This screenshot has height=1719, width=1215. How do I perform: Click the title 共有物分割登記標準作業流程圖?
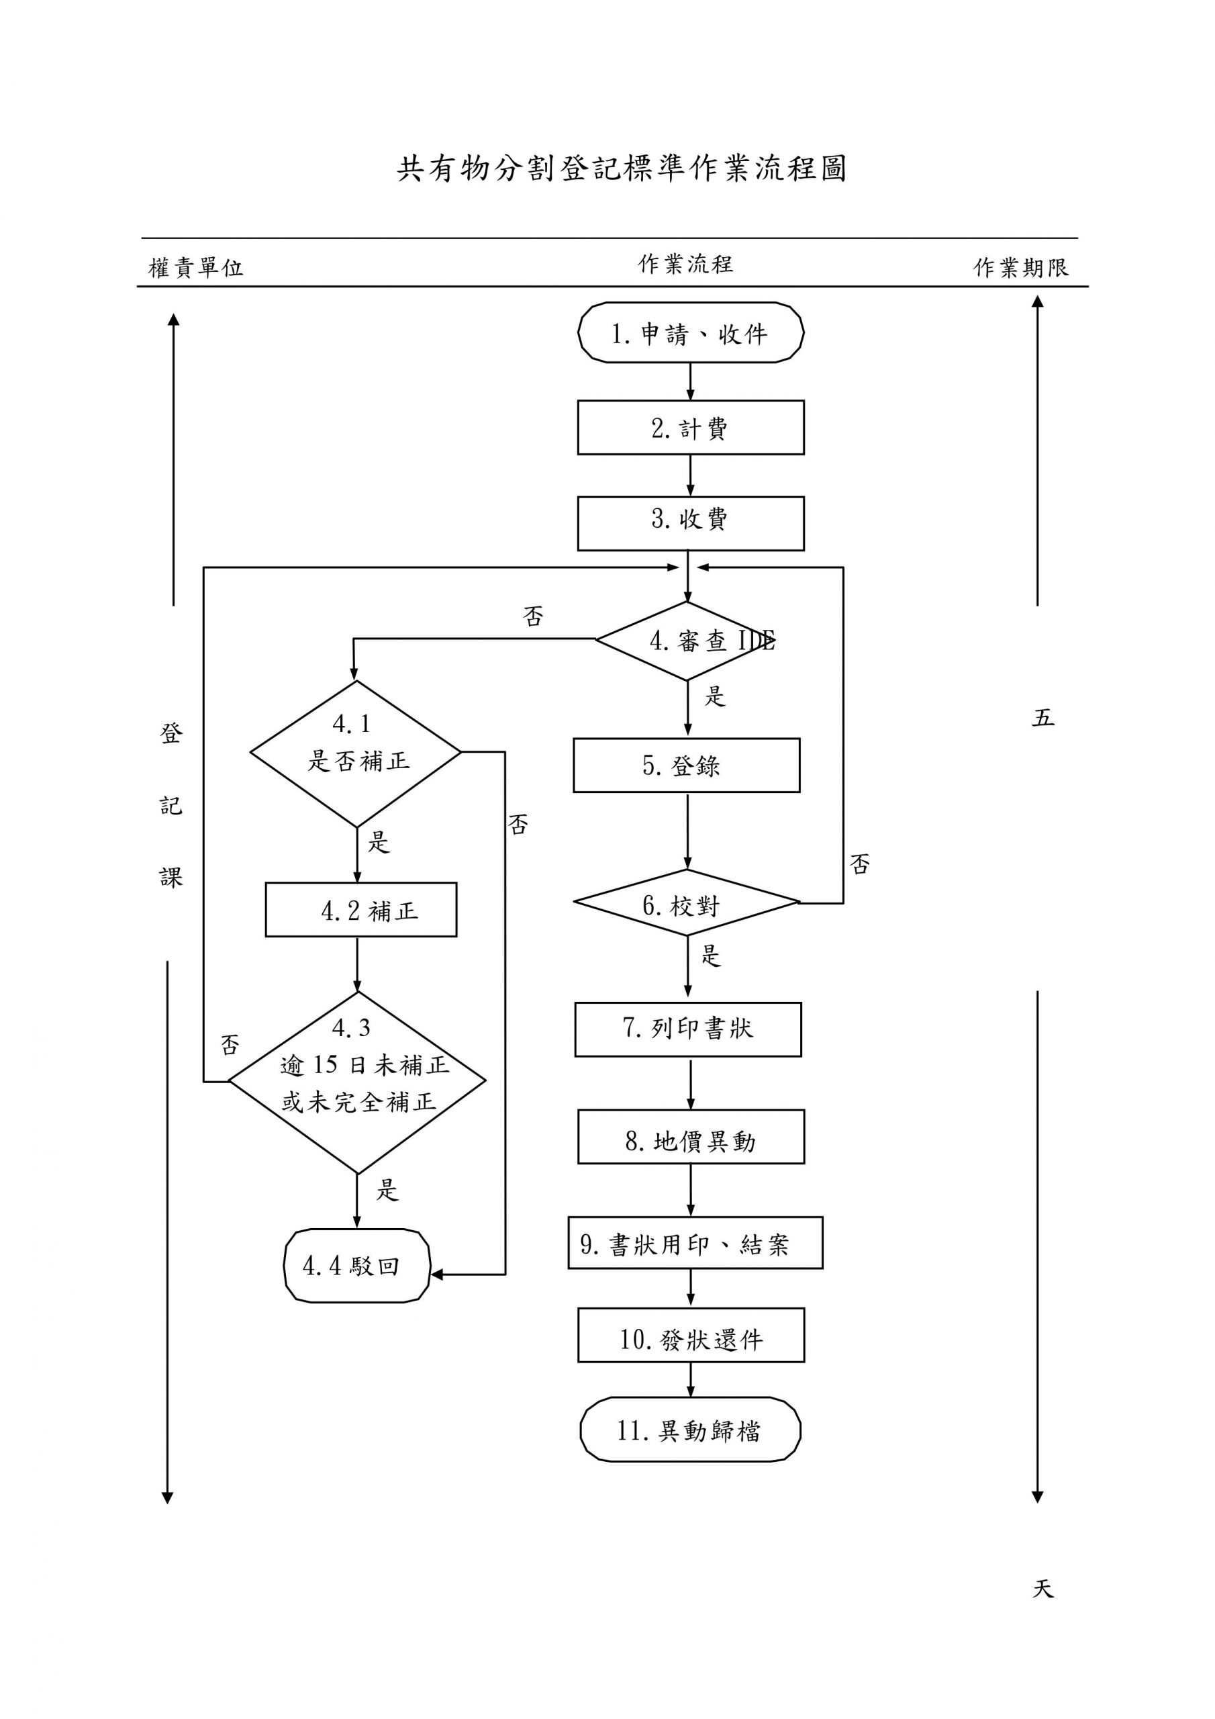(622, 169)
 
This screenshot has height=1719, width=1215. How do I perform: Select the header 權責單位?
(195, 267)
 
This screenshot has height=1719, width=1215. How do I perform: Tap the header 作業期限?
(1020, 267)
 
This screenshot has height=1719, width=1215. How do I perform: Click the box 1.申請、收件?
(689, 333)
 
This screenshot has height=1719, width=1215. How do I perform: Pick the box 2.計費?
(689, 428)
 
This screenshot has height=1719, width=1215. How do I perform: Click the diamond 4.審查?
(687, 641)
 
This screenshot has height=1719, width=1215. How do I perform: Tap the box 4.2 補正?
(361, 910)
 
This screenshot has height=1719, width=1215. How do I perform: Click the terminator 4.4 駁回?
(356, 1266)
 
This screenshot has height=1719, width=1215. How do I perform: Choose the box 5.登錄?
(686, 765)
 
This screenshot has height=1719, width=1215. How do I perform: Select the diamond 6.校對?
(686, 904)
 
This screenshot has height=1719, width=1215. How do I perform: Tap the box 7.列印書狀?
(687, 1029)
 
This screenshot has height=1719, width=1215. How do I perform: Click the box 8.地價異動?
(690, 1137)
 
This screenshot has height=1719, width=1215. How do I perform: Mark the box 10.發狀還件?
(690, 1339)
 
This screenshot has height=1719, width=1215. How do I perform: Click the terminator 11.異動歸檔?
(689, 1431)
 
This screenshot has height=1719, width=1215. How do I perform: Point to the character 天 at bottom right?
(1042, 1588)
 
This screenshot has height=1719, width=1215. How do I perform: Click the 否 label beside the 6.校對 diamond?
(859, 865)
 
